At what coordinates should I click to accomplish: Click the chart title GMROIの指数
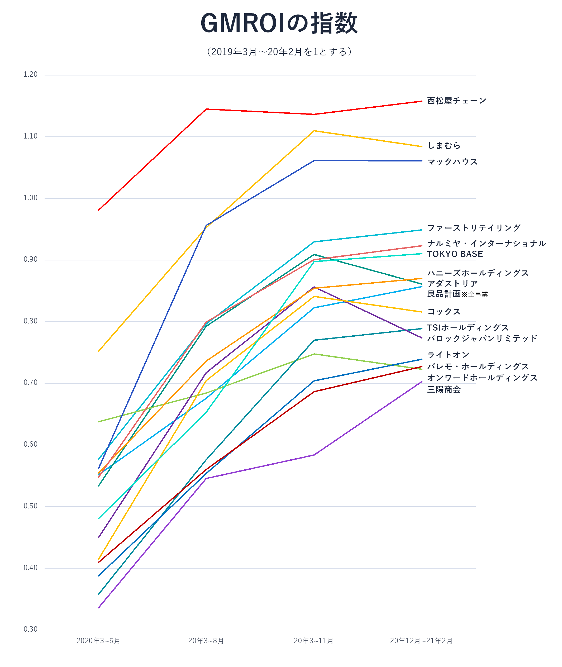point(279,23)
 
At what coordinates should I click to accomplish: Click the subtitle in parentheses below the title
point(279,52)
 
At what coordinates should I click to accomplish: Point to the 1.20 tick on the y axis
point(30,74)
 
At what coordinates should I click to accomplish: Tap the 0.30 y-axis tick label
point(30,629)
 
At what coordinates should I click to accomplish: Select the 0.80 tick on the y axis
point(30,321)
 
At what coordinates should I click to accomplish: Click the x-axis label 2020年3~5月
point(98,641)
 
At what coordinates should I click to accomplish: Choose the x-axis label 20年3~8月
point(206,641)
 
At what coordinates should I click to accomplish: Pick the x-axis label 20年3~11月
point(314,641)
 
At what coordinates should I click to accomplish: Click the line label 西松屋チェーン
point(456,101)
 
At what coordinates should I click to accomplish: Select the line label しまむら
point(444,146)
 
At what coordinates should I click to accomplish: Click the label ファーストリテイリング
point(474,228)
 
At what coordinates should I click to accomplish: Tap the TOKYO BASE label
point(455,254)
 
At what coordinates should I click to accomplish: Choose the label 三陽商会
point(444,389)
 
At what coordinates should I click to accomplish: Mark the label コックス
point(444,312)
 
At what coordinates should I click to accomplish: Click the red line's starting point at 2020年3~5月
point(99,210)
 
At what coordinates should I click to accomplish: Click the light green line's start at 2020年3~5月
point(99,422)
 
